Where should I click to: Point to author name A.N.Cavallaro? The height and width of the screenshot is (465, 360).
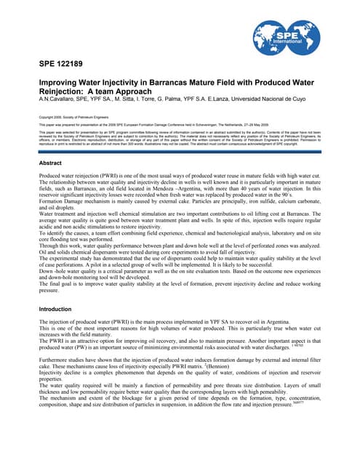tap(59, 105)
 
